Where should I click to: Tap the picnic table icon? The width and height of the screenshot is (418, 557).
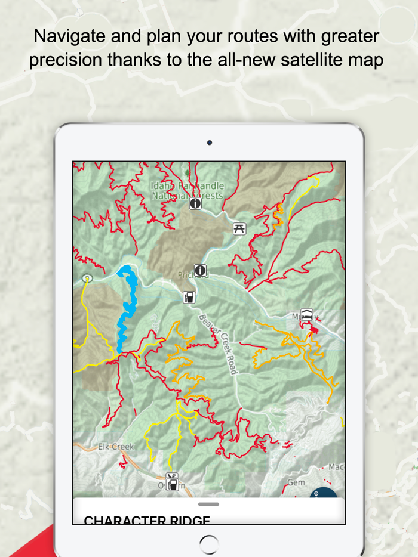(x=239, y=228)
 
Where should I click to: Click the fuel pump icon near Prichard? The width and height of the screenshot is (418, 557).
(x=189, y=296)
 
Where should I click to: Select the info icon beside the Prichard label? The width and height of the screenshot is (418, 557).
(x=200, y=271)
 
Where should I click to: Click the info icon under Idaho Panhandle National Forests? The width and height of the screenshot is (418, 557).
(x=195, y=204)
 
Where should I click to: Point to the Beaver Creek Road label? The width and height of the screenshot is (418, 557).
(x=217, y=344)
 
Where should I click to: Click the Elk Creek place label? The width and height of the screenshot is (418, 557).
(x=116, y=446)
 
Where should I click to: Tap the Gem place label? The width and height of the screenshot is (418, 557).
(x=296, y=482)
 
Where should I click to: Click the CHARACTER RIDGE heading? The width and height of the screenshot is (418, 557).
(x=147, y=521)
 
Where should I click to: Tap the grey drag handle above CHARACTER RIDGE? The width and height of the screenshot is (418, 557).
(x=208, y=505)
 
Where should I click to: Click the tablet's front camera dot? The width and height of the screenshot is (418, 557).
(x=209, y=143)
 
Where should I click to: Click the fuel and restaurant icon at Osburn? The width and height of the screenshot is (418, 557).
(x=172, y=481)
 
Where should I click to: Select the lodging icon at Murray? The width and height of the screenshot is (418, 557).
(x=306, y=315)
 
